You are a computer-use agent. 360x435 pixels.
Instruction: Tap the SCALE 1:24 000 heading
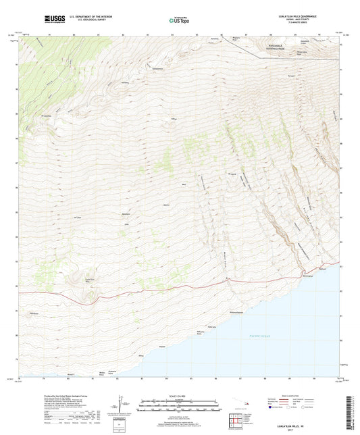(180, 395)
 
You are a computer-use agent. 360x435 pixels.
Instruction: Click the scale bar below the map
(180, 407)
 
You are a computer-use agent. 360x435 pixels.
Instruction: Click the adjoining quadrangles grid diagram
(237, 421)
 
